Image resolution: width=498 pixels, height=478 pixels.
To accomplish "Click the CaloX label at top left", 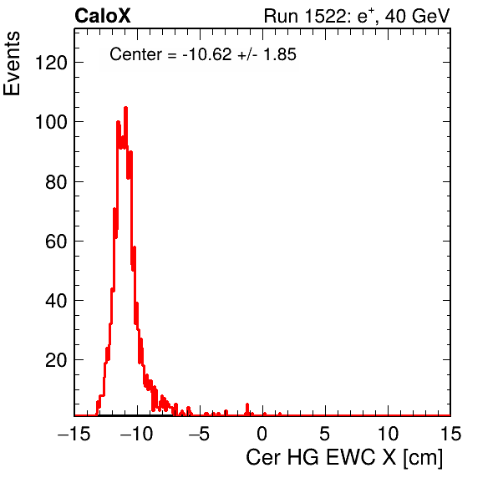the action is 102,16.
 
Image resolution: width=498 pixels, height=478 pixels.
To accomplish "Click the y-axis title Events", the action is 12,64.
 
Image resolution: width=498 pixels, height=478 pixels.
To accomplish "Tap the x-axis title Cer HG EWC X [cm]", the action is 344,458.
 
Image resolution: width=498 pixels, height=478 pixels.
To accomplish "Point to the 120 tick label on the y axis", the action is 51,63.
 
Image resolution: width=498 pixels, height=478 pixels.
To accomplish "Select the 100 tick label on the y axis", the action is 51,122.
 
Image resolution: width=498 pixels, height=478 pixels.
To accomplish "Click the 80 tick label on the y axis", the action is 56,182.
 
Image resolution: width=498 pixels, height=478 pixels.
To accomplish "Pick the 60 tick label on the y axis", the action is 56,242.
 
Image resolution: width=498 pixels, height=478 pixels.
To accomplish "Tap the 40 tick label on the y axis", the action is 56,301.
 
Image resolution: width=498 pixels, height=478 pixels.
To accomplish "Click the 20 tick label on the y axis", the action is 56,360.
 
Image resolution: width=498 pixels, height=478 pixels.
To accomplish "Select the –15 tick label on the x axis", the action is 74,434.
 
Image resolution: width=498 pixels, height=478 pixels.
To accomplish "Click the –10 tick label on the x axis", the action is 136,434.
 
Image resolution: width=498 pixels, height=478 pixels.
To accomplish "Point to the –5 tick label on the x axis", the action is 199,434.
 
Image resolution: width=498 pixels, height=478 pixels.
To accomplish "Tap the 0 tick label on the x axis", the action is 262,434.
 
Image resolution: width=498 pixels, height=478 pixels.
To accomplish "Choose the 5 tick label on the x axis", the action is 324,434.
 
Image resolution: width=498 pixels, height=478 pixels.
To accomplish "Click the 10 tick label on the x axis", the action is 388,434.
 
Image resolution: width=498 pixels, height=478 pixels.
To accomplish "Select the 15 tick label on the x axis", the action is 450,434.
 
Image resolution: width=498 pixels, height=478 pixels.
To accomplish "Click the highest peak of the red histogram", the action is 125,108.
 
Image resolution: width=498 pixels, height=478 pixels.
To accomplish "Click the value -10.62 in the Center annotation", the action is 207,54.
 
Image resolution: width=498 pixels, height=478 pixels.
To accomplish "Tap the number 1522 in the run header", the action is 325,16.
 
